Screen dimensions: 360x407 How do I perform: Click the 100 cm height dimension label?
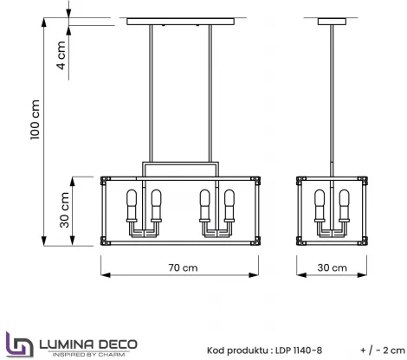click(35, 120)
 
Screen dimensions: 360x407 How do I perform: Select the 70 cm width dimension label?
click(181, 269)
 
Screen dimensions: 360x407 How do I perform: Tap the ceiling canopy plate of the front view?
click(181, 21)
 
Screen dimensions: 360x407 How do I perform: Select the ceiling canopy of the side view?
click(332, 21)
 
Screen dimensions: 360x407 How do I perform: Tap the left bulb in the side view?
click(320, 205)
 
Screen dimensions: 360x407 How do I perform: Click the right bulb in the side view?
click(344, 205)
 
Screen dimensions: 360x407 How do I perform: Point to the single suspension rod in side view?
click(332, 95)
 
